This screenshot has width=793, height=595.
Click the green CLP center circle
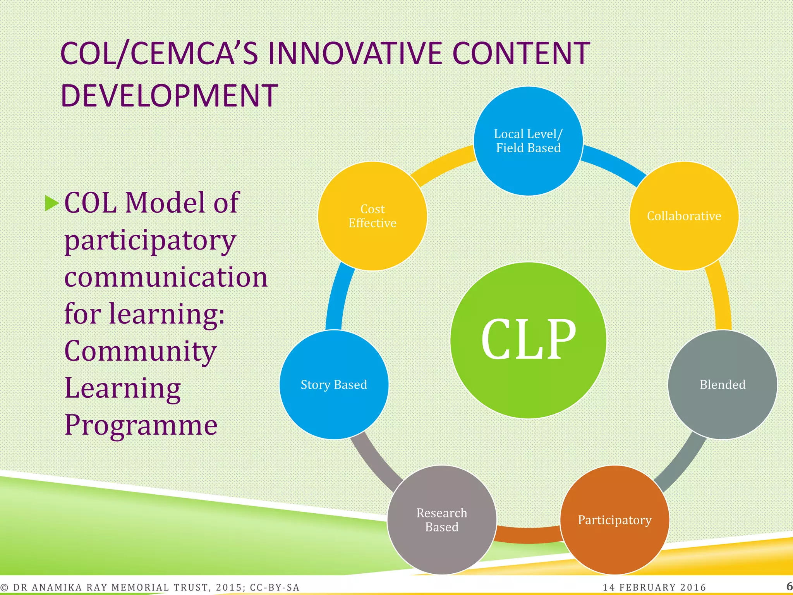tap(528, 340)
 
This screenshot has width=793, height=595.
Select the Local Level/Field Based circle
tap(528, 141)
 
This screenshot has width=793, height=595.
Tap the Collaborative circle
tap(684, 216)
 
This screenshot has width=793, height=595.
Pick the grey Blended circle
tap(723, 385)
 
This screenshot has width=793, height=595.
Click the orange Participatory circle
tap(614, 520)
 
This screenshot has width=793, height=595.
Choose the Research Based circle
tap(442, 520)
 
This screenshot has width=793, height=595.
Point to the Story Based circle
tap(334, 385)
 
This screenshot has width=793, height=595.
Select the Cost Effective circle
tap(372, 216)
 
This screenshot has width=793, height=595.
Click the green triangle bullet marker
tap(51, 203)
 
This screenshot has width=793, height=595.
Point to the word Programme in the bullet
tap(141, 425)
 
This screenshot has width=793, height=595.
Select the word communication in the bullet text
tap(166, 277)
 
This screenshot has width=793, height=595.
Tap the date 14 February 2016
tap(654, 587)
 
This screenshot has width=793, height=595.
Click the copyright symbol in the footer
tap(4, 588)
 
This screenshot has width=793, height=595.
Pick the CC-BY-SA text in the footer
tap(275, 587)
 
